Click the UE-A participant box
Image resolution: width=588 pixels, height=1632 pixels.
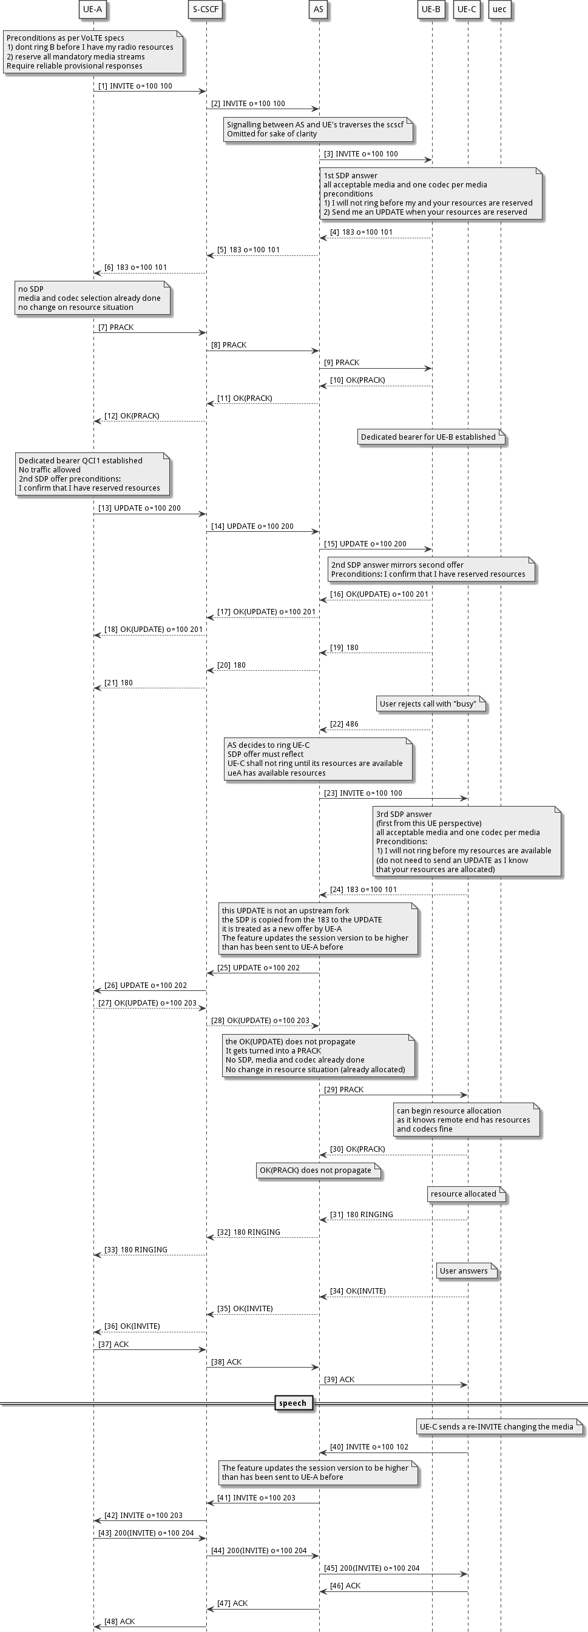(92, 10)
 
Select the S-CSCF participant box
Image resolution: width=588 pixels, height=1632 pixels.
(206, 10)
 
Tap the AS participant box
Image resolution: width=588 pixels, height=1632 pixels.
(318, 10)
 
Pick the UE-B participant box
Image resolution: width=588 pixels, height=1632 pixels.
(431, 10)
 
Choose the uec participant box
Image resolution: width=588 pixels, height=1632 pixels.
(499, 10)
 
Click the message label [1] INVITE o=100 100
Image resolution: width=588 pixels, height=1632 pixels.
(135, 86)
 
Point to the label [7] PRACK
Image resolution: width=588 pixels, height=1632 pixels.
(116, 327)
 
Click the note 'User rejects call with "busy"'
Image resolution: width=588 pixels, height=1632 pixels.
(430, 704)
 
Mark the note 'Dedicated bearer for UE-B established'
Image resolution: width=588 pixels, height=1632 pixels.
(430, 437)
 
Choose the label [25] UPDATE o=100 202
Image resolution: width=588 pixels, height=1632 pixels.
(259, 968)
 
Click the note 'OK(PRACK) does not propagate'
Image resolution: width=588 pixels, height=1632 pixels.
(317, 1170)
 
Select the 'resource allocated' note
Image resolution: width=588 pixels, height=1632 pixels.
(465, 1194)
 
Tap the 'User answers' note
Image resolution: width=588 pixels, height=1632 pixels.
(465, 1271)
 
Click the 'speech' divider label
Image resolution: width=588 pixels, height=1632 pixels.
(292, 1403)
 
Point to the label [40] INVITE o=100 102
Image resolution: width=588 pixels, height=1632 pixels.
(370, 1447)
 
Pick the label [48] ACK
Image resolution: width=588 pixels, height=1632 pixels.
(120, 1622)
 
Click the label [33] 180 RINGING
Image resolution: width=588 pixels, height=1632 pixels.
(135, 1250)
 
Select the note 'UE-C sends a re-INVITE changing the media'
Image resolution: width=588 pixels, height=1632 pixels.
(499, 1427)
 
